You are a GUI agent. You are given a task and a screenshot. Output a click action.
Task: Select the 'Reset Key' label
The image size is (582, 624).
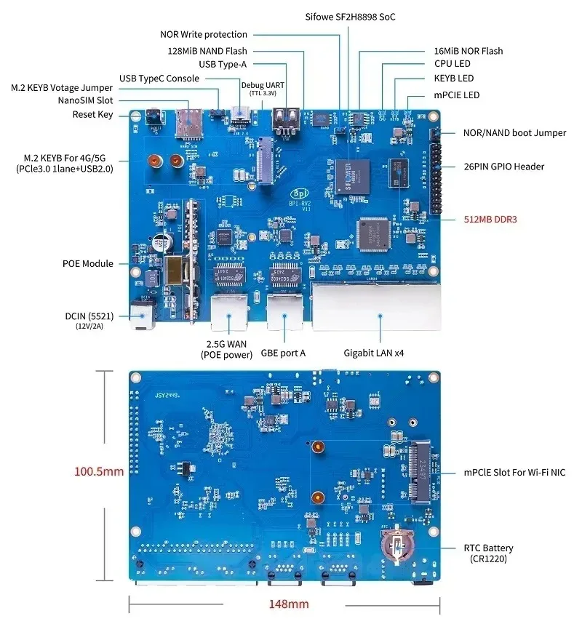[x=93, y=115]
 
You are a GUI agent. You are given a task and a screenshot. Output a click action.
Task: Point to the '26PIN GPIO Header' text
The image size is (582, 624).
[x=503, y=167]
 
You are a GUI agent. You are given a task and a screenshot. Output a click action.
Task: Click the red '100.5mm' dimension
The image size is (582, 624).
[x=98, y=471]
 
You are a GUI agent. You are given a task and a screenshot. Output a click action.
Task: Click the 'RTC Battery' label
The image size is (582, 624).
[x=488, y=548]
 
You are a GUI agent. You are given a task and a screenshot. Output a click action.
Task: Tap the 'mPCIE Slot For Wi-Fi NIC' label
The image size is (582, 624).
[x=514, y=473]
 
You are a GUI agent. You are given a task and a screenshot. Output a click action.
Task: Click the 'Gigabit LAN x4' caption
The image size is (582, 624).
[x=374, y=353]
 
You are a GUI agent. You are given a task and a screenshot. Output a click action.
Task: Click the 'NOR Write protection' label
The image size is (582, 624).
[x=204, y=34]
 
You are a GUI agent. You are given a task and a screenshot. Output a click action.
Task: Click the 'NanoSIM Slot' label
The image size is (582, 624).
[x=86, y=100]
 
